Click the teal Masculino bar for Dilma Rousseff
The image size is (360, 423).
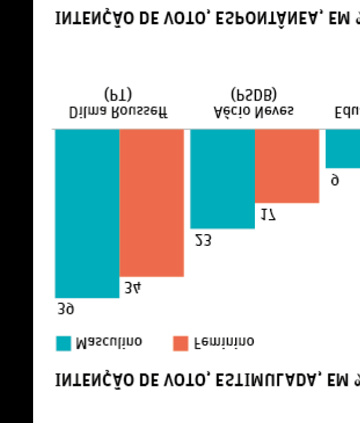tap(87, 213)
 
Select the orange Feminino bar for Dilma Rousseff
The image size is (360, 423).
tap(152, 203)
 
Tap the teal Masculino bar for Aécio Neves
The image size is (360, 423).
tap(222, 178)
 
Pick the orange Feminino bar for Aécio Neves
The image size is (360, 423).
tap(287, 166)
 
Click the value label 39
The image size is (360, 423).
tap(66, 309)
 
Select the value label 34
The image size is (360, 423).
tap(132, 288)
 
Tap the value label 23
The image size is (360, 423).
tap(203, 240)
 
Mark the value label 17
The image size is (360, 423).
tap(268, 214)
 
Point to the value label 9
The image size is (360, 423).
tap(334, 180)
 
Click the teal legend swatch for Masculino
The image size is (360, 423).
tap(64, 343)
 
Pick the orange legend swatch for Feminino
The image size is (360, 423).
tap(181, 343)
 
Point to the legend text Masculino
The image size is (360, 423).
tap(109, 342)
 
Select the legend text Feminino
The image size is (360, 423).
tap(224, 342)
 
